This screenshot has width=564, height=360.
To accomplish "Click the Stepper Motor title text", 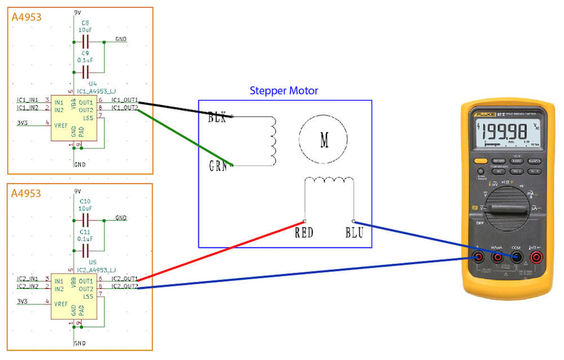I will coord(284,91).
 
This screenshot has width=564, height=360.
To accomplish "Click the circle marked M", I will coord(324,139).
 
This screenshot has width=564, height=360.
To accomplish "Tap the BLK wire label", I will coord(217,118).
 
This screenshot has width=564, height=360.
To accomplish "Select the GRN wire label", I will coord(219,166).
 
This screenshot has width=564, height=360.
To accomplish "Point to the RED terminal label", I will coord(304,232).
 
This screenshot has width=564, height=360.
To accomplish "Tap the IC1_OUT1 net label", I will coord(125,101).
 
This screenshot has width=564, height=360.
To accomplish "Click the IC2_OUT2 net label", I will coord(125,287).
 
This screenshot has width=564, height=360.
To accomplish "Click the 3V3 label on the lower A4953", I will coord(24,302).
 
